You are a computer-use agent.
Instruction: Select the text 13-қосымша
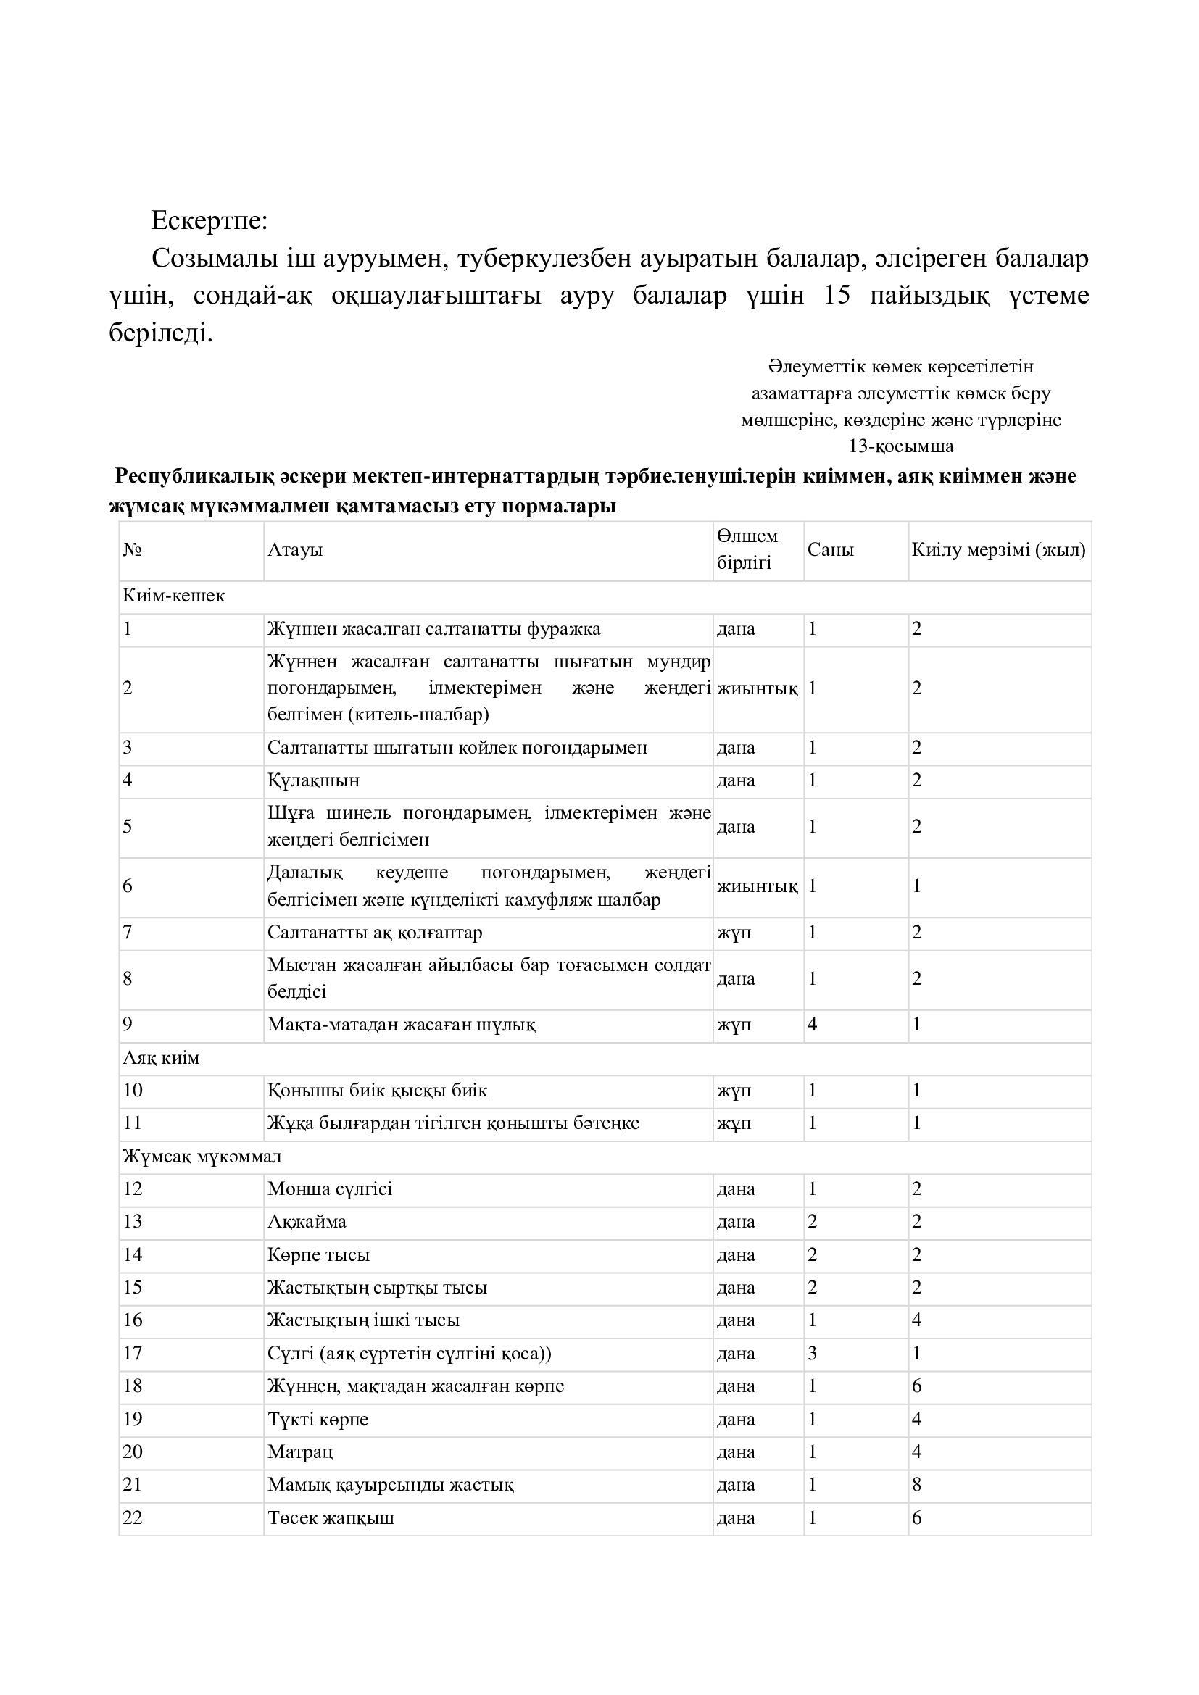coord(901,446)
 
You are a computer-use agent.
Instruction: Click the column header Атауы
coord(295,550)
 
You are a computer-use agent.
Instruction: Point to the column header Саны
coord(831,550)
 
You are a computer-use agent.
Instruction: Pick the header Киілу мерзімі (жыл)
coord(998,550)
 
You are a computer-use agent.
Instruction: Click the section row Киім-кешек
coord(174,596)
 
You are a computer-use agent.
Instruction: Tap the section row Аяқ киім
coord(161,1058)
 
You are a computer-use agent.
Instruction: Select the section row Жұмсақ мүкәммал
coord(202,1156)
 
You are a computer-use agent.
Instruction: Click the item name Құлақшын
coord(314,780)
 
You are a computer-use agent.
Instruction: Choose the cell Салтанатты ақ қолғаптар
coord(375,933)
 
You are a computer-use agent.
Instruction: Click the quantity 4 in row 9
coord(812,1025)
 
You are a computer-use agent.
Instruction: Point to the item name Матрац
coord(301,1452)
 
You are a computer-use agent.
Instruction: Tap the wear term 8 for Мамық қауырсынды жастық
coord(917,1485)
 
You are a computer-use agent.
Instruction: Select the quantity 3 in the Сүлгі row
coord(812,1353)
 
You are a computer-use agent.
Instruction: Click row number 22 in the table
coord(133,1518)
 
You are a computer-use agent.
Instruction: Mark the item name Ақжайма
coord(307,1222)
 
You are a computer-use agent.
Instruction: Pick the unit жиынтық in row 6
coord(757,886)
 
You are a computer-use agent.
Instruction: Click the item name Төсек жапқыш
coord(331,1518)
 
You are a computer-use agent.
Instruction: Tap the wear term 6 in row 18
coord(917,1386)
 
